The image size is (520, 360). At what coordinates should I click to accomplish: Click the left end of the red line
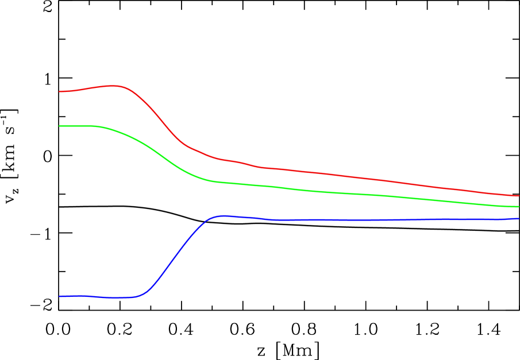(x=60, y=91)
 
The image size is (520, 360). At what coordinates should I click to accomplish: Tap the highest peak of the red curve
(x=115, y=86)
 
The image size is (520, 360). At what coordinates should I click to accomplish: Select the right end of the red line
(x=518, y=196)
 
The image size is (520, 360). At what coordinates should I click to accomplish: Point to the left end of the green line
(x=60, y=126)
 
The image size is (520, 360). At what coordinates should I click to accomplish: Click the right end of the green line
(x=518, y=206)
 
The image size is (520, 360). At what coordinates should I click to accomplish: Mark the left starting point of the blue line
(x=60, y=296)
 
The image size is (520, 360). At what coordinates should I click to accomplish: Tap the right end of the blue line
(x=518, y=219)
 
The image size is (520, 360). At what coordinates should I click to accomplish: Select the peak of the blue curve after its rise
(x=222, y=215)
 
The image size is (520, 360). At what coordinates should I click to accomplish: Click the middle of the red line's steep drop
(x=158, y=117)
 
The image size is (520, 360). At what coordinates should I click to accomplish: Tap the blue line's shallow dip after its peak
(x=276, y=220)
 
